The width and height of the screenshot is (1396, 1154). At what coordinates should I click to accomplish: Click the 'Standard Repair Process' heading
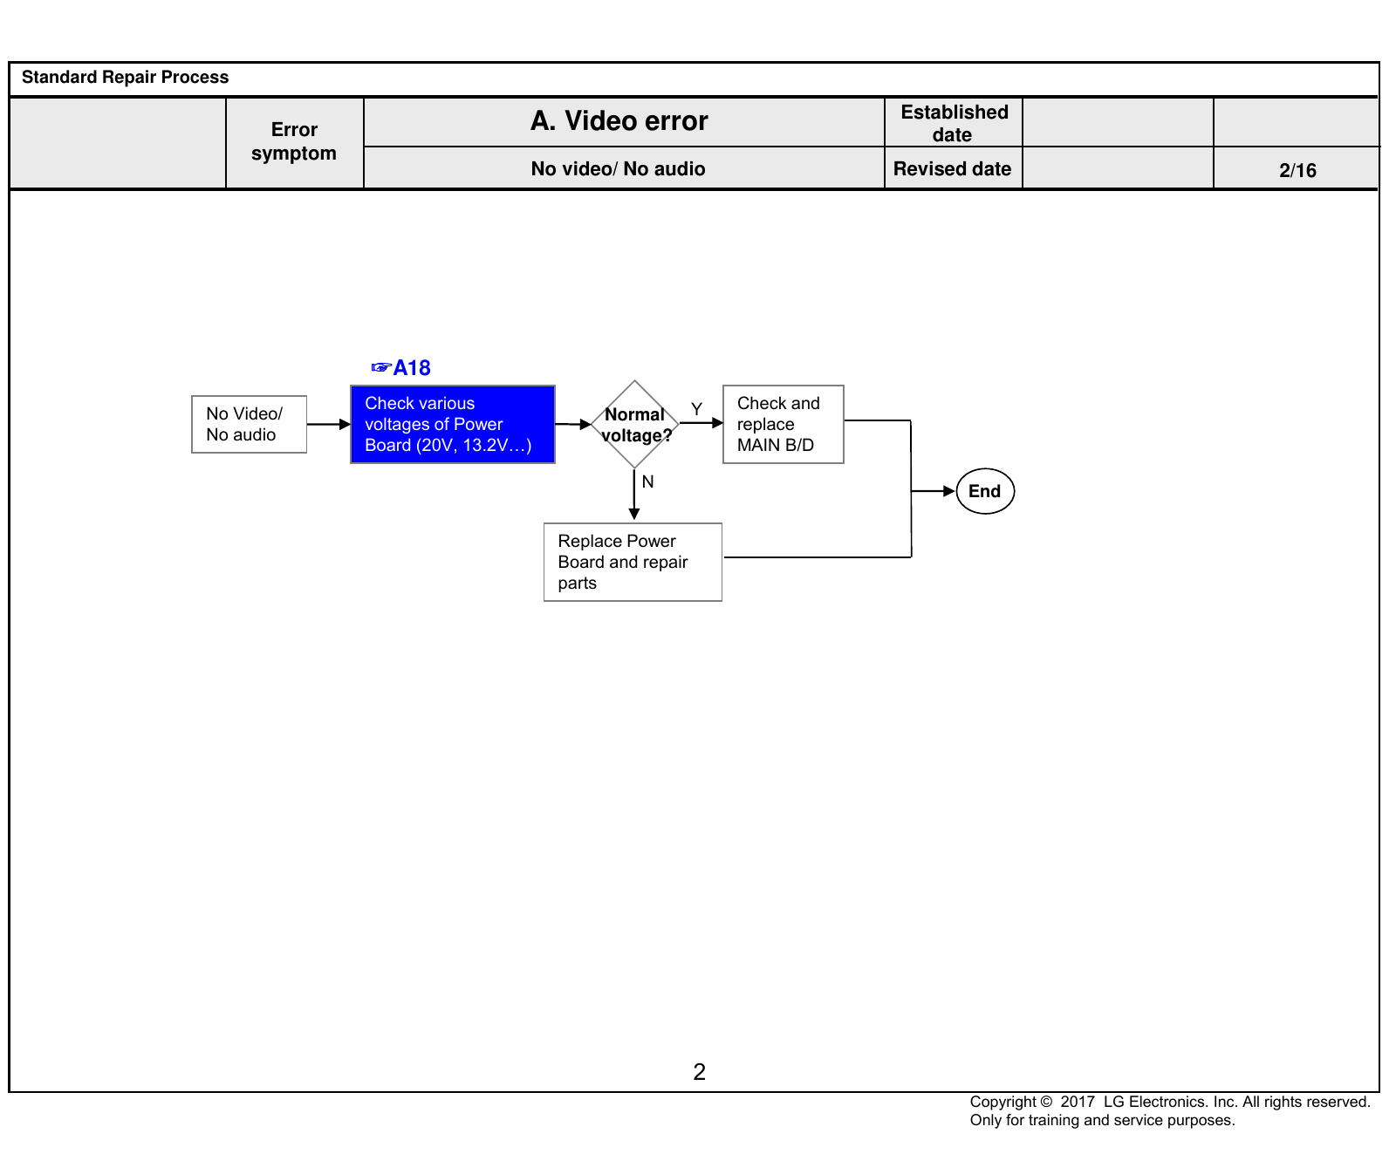click(125, 77)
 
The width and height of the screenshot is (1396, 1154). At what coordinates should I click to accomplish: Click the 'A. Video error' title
click(619, 120)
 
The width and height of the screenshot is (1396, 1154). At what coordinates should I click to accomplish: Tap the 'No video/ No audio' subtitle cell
click(618, 168)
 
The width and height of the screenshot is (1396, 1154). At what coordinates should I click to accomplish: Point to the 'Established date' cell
click(954, 123)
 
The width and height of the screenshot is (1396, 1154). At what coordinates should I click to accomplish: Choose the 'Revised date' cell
click(953, 168)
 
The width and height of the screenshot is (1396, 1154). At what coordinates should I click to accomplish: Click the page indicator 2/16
click(1297, 170)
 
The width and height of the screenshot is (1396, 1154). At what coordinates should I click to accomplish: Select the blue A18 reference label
click(401, 367)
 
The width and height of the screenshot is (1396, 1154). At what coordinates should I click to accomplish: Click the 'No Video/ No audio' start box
click(249, 424)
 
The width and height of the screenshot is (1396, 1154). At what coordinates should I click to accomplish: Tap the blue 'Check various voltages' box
click(453, 424)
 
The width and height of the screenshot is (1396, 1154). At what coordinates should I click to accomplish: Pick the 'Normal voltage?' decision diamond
click(635, 425)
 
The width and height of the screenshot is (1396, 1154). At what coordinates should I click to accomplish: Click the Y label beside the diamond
click(696, 408)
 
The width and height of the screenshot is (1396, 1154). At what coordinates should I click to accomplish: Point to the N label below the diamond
click(647, 481)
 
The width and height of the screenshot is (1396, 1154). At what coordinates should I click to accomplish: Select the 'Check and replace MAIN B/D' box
click(784, 424)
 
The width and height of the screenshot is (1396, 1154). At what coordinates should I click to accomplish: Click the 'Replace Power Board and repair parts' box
click(633, 562)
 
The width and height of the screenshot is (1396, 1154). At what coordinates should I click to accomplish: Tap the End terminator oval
click(985, 491)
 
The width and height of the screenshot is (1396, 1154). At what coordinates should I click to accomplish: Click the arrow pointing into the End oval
click(934, 491)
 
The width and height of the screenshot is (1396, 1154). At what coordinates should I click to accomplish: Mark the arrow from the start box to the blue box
click(329, 425)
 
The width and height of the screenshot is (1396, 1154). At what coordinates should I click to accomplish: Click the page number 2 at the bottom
click(699, 1072)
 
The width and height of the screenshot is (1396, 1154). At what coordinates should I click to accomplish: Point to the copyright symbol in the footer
click(1046, 1102)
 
